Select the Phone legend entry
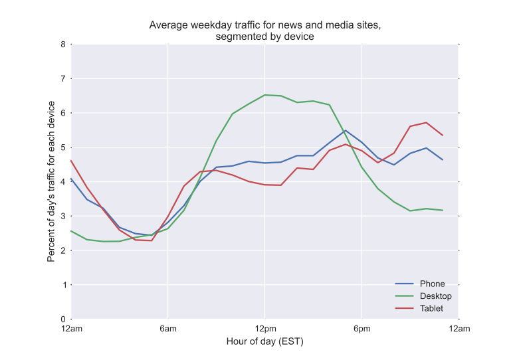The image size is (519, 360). (x=433, y=284)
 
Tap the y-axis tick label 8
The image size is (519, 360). (x=63, y=45)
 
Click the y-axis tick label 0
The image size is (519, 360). (x=63, y=319)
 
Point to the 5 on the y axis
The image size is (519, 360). (x=63, y=147)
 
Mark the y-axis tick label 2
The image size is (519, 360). (x=63, y=250)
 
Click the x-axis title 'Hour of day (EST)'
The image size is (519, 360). (x=264, y=342)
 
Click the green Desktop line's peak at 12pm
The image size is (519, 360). (x=264, y=95)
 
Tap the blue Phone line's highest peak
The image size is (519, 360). (x=346, y=130)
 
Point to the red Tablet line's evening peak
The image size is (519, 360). (x=426, y=122)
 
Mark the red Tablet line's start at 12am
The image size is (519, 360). (x=71, y=160)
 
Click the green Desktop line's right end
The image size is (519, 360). (x=442, y=211)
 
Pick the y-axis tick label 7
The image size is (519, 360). (x=63, y=79)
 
